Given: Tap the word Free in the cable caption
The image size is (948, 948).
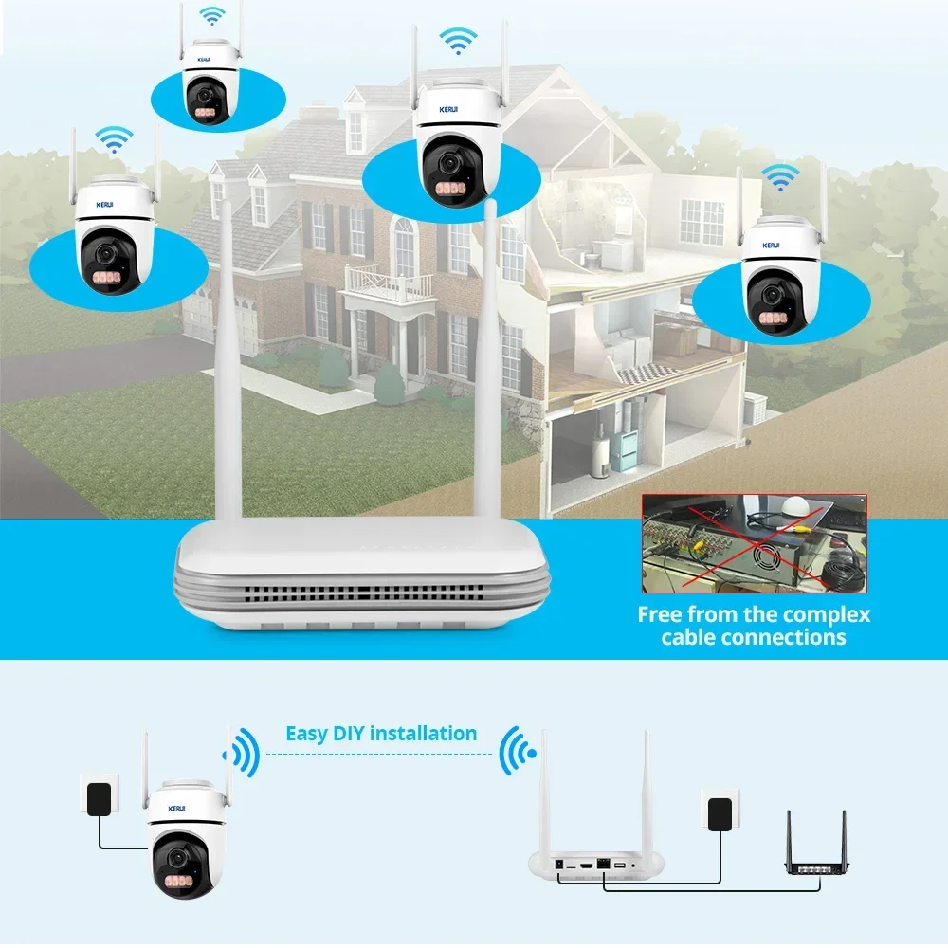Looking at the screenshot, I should [662, 614].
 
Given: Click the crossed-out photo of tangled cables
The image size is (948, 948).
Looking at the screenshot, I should [754, 543].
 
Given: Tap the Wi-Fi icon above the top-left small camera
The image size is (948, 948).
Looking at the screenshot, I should [212, 16].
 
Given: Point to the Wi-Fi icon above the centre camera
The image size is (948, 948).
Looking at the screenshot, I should [458, 40].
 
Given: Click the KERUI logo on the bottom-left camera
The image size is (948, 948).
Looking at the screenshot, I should [175, 809].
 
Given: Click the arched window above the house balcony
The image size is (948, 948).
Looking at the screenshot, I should [405, 245].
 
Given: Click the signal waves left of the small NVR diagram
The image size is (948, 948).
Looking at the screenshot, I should [518, 753].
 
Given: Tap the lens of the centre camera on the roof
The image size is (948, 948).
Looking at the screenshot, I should [446, 164].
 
